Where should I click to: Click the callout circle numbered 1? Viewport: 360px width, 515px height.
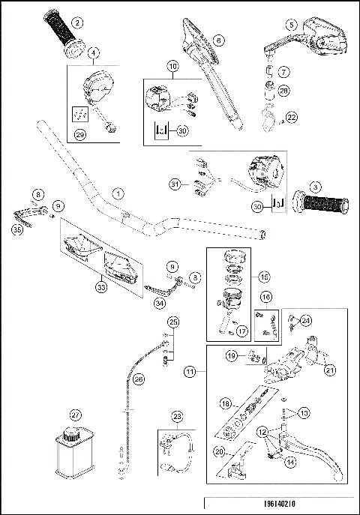coord(117,192)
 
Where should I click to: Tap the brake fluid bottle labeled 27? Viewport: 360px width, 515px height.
coord(74,454)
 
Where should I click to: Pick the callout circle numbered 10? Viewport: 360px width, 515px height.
coord(173,67)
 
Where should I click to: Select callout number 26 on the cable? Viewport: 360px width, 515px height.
coord(138,379)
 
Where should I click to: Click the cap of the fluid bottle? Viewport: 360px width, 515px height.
coord(72,433)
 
